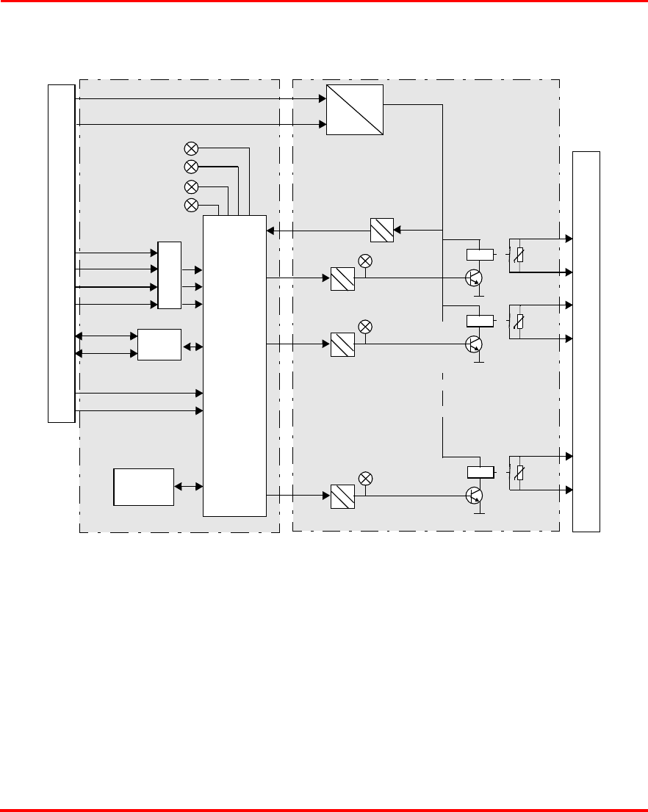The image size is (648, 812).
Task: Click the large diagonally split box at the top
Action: click(355, 109)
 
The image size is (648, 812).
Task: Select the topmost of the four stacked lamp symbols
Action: click(191, 148)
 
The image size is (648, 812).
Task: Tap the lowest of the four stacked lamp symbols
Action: click(191, 204)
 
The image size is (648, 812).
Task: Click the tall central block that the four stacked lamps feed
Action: click(234, 365)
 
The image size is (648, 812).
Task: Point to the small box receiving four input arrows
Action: click(169, 275)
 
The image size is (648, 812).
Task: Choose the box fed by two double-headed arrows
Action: click(159, 345)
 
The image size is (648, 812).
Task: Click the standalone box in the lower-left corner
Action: click(144, 486)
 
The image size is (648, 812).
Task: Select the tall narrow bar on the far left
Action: click(61, 253)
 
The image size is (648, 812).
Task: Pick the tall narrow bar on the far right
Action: click(586, 341)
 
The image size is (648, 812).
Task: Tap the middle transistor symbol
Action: click(475, 344)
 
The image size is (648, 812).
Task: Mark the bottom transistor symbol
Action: click(475, 496)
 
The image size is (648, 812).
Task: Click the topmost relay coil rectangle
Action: click(480, 255)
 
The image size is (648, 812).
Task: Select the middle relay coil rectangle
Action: click(480, 320)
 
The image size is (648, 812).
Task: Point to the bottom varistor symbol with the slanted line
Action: click(520, 472)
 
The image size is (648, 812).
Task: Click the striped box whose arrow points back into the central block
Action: click(382, 231)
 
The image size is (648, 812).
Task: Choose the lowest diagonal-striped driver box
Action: click(342, 496)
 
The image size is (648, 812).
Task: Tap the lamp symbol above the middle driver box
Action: click(365, 326)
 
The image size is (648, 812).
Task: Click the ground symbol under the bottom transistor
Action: click(479, 513)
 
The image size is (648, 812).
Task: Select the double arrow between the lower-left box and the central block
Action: click(189, 486)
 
